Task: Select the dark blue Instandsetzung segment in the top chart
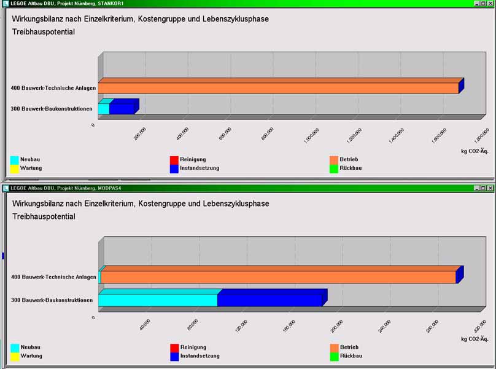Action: (122, 109)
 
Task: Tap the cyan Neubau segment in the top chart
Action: (104, 109)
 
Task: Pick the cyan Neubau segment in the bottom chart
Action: (158, 300)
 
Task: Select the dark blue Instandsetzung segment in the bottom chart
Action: (269, 300)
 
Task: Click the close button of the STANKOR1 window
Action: (490, 3)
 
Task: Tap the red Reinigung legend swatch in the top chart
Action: (174, 160)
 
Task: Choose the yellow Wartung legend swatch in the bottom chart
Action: (15, 356)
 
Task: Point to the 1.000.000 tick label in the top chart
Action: (311, 134)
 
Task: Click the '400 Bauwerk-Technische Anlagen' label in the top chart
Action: (53, 88)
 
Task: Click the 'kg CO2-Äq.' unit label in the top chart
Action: (475, 149)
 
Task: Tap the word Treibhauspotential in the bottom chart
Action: (44, 216)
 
